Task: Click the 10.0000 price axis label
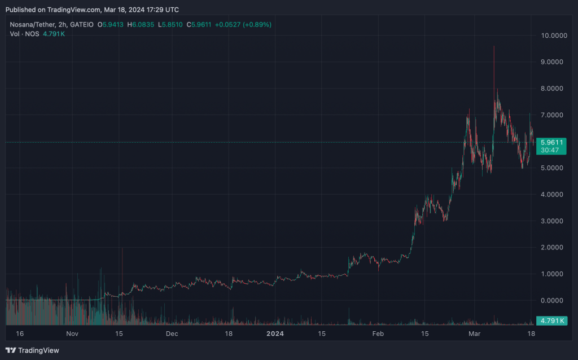(x=553, y=36)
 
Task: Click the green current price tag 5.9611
(x=551, y=142)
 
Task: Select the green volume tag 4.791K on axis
(x=551, y=321)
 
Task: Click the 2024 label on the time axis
(x=275, y=334)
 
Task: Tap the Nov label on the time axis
(x=72, y=334)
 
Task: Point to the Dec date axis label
(x=172, y=334)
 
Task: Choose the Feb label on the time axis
(x=378, y=334)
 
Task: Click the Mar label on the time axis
(x=475, y=334)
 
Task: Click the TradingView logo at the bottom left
(x=32, y=350)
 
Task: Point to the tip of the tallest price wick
(x=494, y=46)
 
